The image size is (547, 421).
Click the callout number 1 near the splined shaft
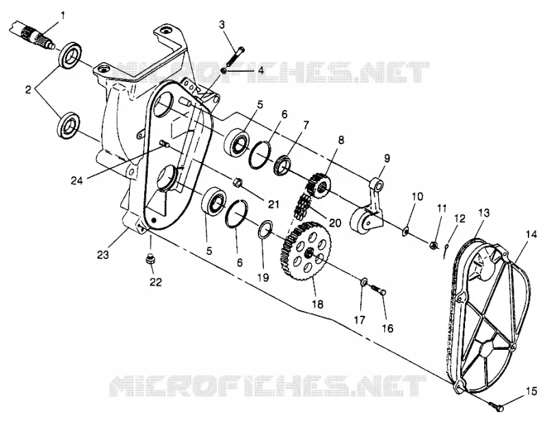[63, 15]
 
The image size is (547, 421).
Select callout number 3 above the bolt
[222, 25]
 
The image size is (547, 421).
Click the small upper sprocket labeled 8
[319, 184]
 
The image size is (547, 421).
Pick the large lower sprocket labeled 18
[305, 250]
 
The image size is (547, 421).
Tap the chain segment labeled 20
[302, 208]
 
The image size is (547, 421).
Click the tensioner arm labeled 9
[369, 206]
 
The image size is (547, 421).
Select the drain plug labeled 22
[150, 260]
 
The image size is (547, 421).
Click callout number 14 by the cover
[531, 234]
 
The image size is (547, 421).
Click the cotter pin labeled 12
[446, 251]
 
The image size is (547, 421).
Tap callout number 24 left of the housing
[77, 180]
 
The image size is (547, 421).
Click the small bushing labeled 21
[237, 182]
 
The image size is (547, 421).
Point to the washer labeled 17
[364, 281]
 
